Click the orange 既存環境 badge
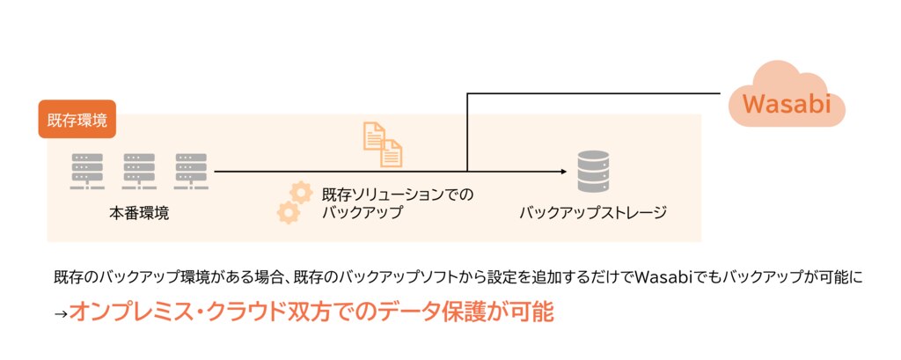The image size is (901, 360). tap(77, 120)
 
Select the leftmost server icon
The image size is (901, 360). tap(86, 171)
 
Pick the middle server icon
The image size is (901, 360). tap(138, 171)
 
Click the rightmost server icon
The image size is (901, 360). tap(190, 171)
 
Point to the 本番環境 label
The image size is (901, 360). tap(138, 212)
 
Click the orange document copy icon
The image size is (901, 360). tap(383, 144)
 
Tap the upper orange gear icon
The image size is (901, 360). tap(301, 191)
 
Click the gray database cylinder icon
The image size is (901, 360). tap(593, 172)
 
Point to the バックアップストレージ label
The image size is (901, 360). tap(592, 212)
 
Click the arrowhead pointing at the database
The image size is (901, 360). tap(560, 172)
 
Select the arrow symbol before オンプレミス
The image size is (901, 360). tap(60, 313)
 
